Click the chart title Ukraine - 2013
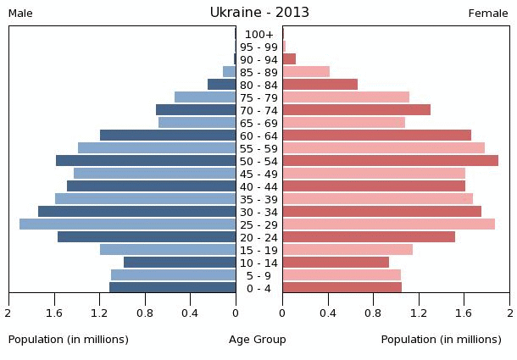point(259,13)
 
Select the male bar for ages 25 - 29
point(127,224)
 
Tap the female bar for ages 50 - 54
point(390,161)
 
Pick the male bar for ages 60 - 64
point(168,136)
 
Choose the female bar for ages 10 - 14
point(336,263)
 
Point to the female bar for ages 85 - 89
point(306,72)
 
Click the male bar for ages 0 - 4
point(173,288)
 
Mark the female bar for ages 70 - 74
point(356,110)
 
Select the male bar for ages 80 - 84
point(221,85)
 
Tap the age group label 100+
point(258,34)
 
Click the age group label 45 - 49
point(258,174)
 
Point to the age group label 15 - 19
point(258,250)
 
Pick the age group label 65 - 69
point(258,123)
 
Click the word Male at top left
point(20,14)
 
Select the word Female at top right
point(488,14)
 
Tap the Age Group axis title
point(258,340)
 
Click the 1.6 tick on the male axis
point(55,313)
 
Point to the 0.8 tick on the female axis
point(374,313)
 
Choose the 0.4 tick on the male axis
point(191,313)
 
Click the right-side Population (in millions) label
point(441,340)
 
